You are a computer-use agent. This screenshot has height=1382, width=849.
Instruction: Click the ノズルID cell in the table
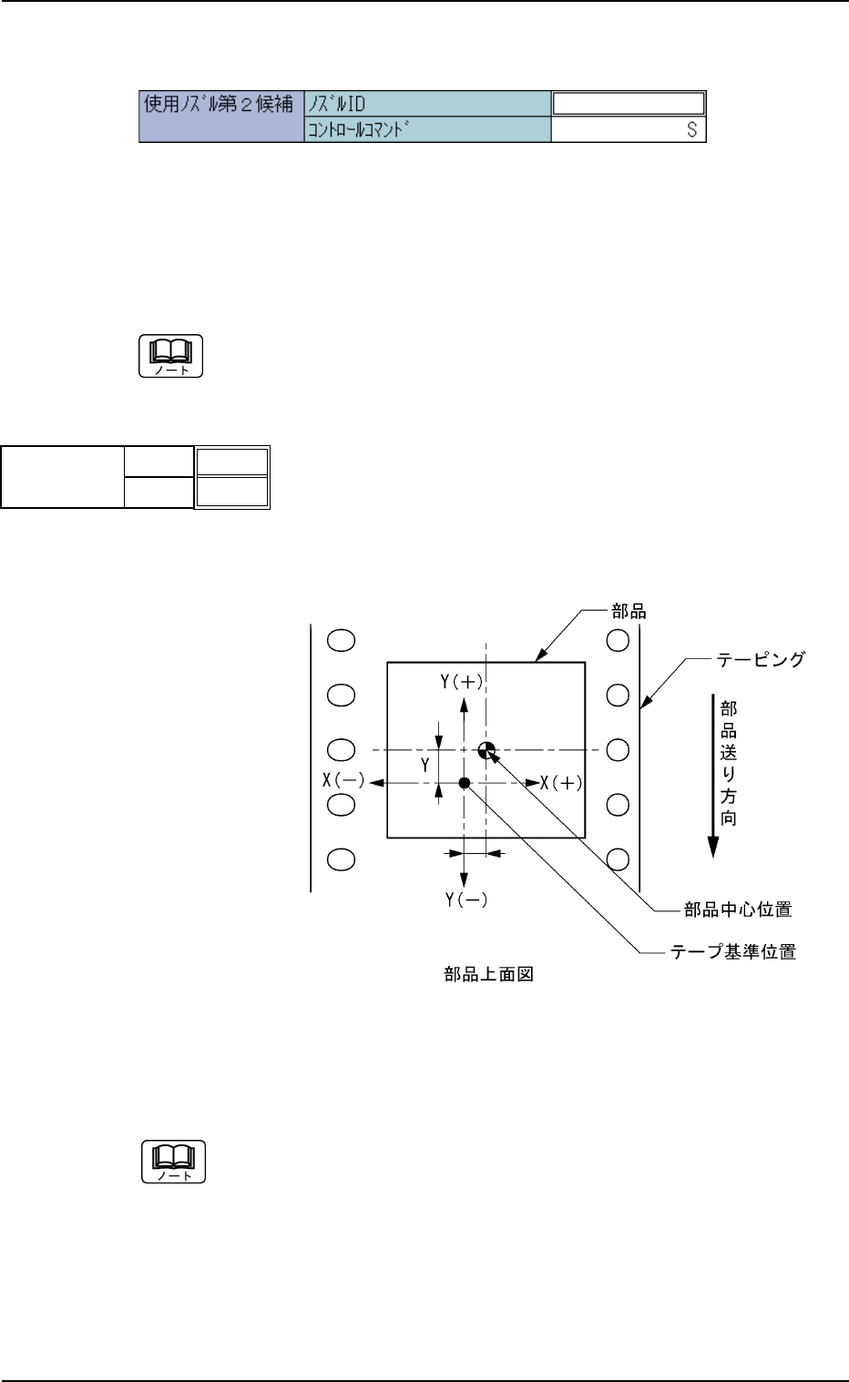click(426, 103)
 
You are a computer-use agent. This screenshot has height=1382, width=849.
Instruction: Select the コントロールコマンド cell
click(426, 130)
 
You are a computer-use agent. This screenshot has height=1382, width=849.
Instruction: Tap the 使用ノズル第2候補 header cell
click(220, 104)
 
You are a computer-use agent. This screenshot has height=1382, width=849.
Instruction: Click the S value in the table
click(691, 130)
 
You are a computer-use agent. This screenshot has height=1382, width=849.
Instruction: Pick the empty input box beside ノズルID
click(629, 103)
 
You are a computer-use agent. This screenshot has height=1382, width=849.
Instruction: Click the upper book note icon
click(171, 356)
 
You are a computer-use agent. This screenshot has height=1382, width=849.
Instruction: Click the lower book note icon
click(173, 1161)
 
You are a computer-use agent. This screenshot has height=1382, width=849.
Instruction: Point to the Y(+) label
click(462, 682)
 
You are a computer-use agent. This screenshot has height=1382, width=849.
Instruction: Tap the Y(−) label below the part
click(465, 899)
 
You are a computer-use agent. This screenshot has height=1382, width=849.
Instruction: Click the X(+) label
click(561, 781)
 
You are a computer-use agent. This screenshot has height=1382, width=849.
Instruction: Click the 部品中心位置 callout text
click(737, 909)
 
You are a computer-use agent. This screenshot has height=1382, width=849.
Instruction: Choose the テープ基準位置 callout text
click(733, 953)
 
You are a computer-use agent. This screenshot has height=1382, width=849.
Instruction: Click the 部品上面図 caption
click(488, 975)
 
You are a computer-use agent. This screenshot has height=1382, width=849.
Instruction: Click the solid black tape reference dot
click(465, 783)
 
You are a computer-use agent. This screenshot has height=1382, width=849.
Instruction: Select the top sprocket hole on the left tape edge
click(340, 640)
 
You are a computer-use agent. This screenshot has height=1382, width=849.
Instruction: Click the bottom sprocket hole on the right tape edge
click(618, 859)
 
